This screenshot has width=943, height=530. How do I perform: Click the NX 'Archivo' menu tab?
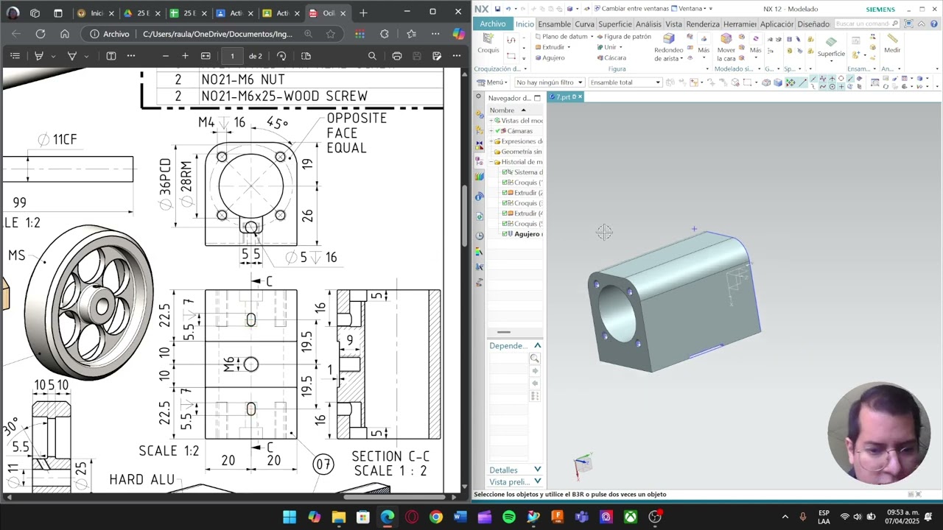point(492,24)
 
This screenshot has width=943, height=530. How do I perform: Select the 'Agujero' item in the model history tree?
point(527,234)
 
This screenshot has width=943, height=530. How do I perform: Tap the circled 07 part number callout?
point(323,464)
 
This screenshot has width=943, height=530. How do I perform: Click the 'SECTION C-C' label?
point(390,456)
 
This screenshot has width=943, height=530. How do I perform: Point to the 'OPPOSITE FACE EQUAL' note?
point(357,133)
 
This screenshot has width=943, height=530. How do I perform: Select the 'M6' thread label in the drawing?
point(229,364)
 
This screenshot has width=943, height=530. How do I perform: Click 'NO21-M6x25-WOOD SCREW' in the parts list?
point(284,96)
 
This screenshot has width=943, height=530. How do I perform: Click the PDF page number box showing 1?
point(232,56)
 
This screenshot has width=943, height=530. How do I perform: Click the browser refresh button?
point(41,34)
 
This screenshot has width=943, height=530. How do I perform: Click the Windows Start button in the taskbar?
point(290,517)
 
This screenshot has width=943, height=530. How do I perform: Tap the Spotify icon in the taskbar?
point(509,517)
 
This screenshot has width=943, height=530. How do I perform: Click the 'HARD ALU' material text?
point(142,480)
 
